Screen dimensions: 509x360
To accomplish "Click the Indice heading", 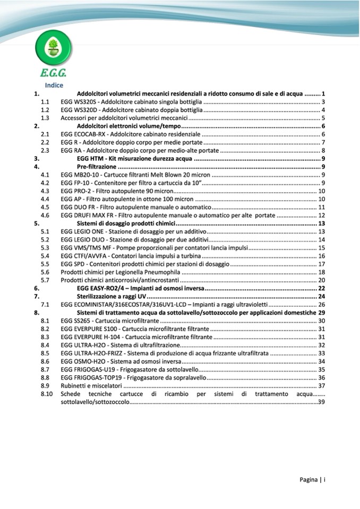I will point(54,85).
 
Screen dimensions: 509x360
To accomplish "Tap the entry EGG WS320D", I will point(78,110).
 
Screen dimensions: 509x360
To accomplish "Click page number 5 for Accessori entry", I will point(323,118).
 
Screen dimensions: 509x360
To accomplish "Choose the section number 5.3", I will point(46,248).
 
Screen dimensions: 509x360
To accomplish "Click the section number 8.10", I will point(47,394).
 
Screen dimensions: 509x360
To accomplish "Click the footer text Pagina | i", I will point(312,480).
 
